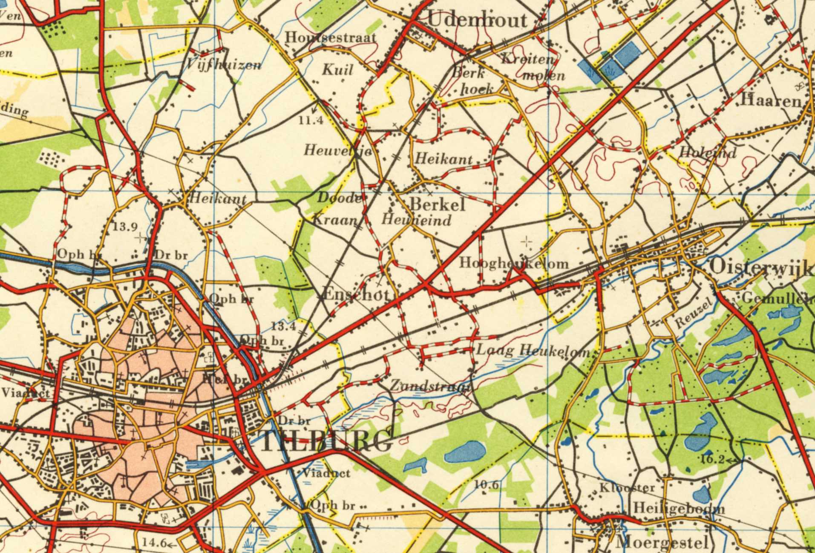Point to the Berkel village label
pyautogui.click(x=437, y=205)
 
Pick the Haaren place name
pyautogui.click(x=771, y=101)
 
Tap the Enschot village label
pyautogui.click(x=356, y=294)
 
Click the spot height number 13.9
pyautogui.click(x=125, y=227)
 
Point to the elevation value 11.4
pyautogui.click(x=311, y=121)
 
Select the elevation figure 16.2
pyautogui.click(x=712, y=459)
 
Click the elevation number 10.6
pyautogui.click(x=486, y=485)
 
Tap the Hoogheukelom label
pyautogui.click(x=513, y=263)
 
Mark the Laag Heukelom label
pyautogui.click(x=533, y=351)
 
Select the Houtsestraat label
pyautogui.click(x=331, y=37)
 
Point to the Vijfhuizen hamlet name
pyautogui.click(x=224, y=65)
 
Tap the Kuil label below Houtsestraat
pyautogui.click(x=337, y=69)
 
